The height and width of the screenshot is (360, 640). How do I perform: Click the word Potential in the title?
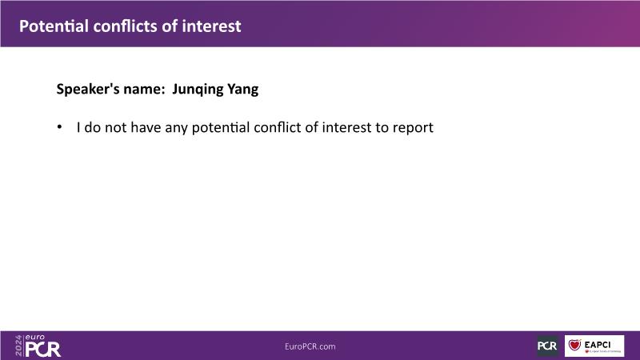tap(54, 26)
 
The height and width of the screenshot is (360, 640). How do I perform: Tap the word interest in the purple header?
tap(211, 26)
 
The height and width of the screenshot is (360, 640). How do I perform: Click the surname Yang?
tap(243, 90)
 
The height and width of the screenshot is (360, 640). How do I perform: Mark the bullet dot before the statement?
tap(59, 127)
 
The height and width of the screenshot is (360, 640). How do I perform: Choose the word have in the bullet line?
tap(146, 128)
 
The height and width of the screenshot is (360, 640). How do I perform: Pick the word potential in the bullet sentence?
tap(221, 128)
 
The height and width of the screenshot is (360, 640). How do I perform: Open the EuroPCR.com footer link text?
tap(310, 346)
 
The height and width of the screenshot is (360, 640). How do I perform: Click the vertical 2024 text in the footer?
tap(18, 346)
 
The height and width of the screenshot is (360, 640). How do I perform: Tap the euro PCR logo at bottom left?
tap(38, 346)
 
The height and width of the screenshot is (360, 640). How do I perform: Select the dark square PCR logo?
tap(547, 346)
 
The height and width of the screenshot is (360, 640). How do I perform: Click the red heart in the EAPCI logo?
tap(574, 345)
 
